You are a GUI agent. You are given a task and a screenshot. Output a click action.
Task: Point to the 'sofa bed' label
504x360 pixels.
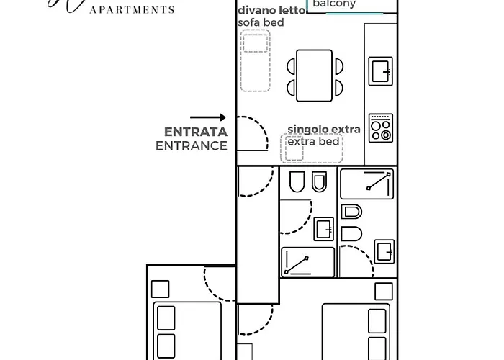[261, 23]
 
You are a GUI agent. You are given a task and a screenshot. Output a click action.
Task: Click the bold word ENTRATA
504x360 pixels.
[196, 132]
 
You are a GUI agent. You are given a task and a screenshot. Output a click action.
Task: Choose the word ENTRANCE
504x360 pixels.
[192, 145]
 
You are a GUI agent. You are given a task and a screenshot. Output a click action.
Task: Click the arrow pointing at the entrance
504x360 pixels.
[208, 117]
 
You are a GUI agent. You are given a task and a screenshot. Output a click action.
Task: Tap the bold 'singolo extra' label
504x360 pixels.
[323, 130]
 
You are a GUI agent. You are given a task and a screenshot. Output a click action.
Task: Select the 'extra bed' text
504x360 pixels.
[313, 141]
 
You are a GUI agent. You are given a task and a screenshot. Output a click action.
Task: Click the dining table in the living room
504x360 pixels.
[315, 75]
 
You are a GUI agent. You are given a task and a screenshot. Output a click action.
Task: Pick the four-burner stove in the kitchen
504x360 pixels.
[381, 127]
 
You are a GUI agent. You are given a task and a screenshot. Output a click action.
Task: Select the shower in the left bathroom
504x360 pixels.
[307, 262]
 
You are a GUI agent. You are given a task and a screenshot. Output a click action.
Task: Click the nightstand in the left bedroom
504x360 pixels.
[161, 289]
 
